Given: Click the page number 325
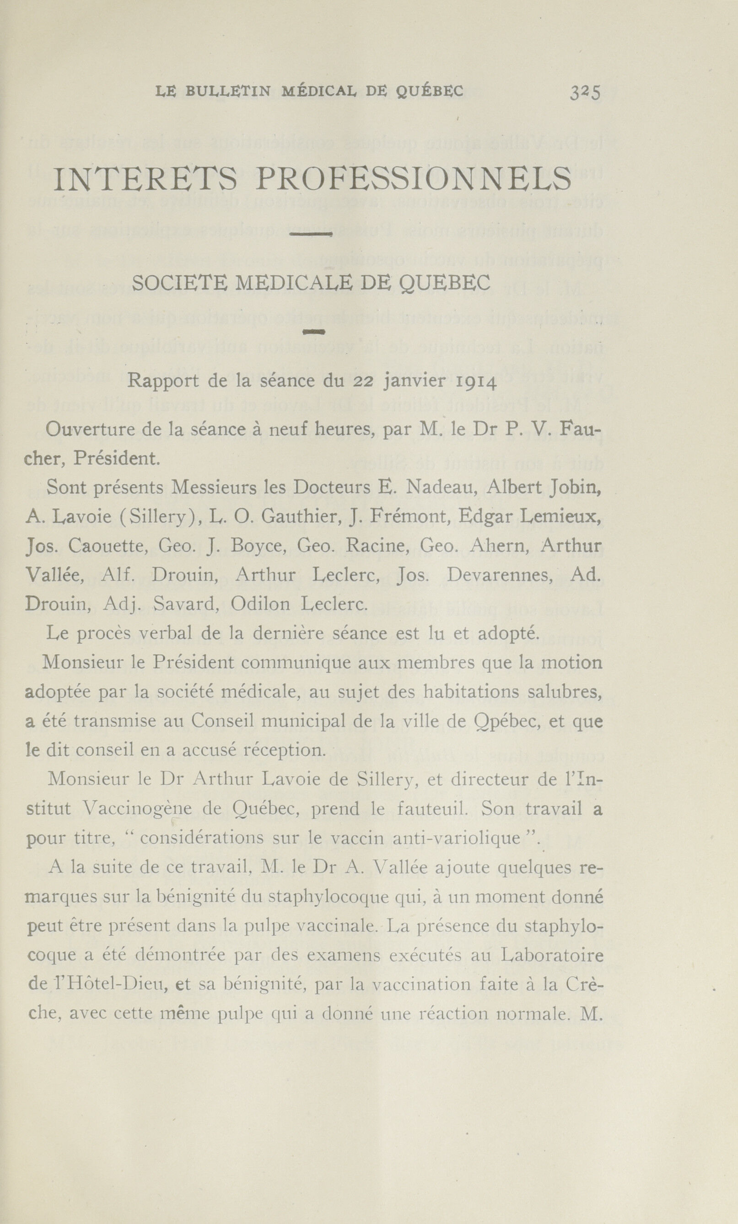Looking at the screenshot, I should pos(586,92).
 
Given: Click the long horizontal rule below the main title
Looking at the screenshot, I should pos(311,235).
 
